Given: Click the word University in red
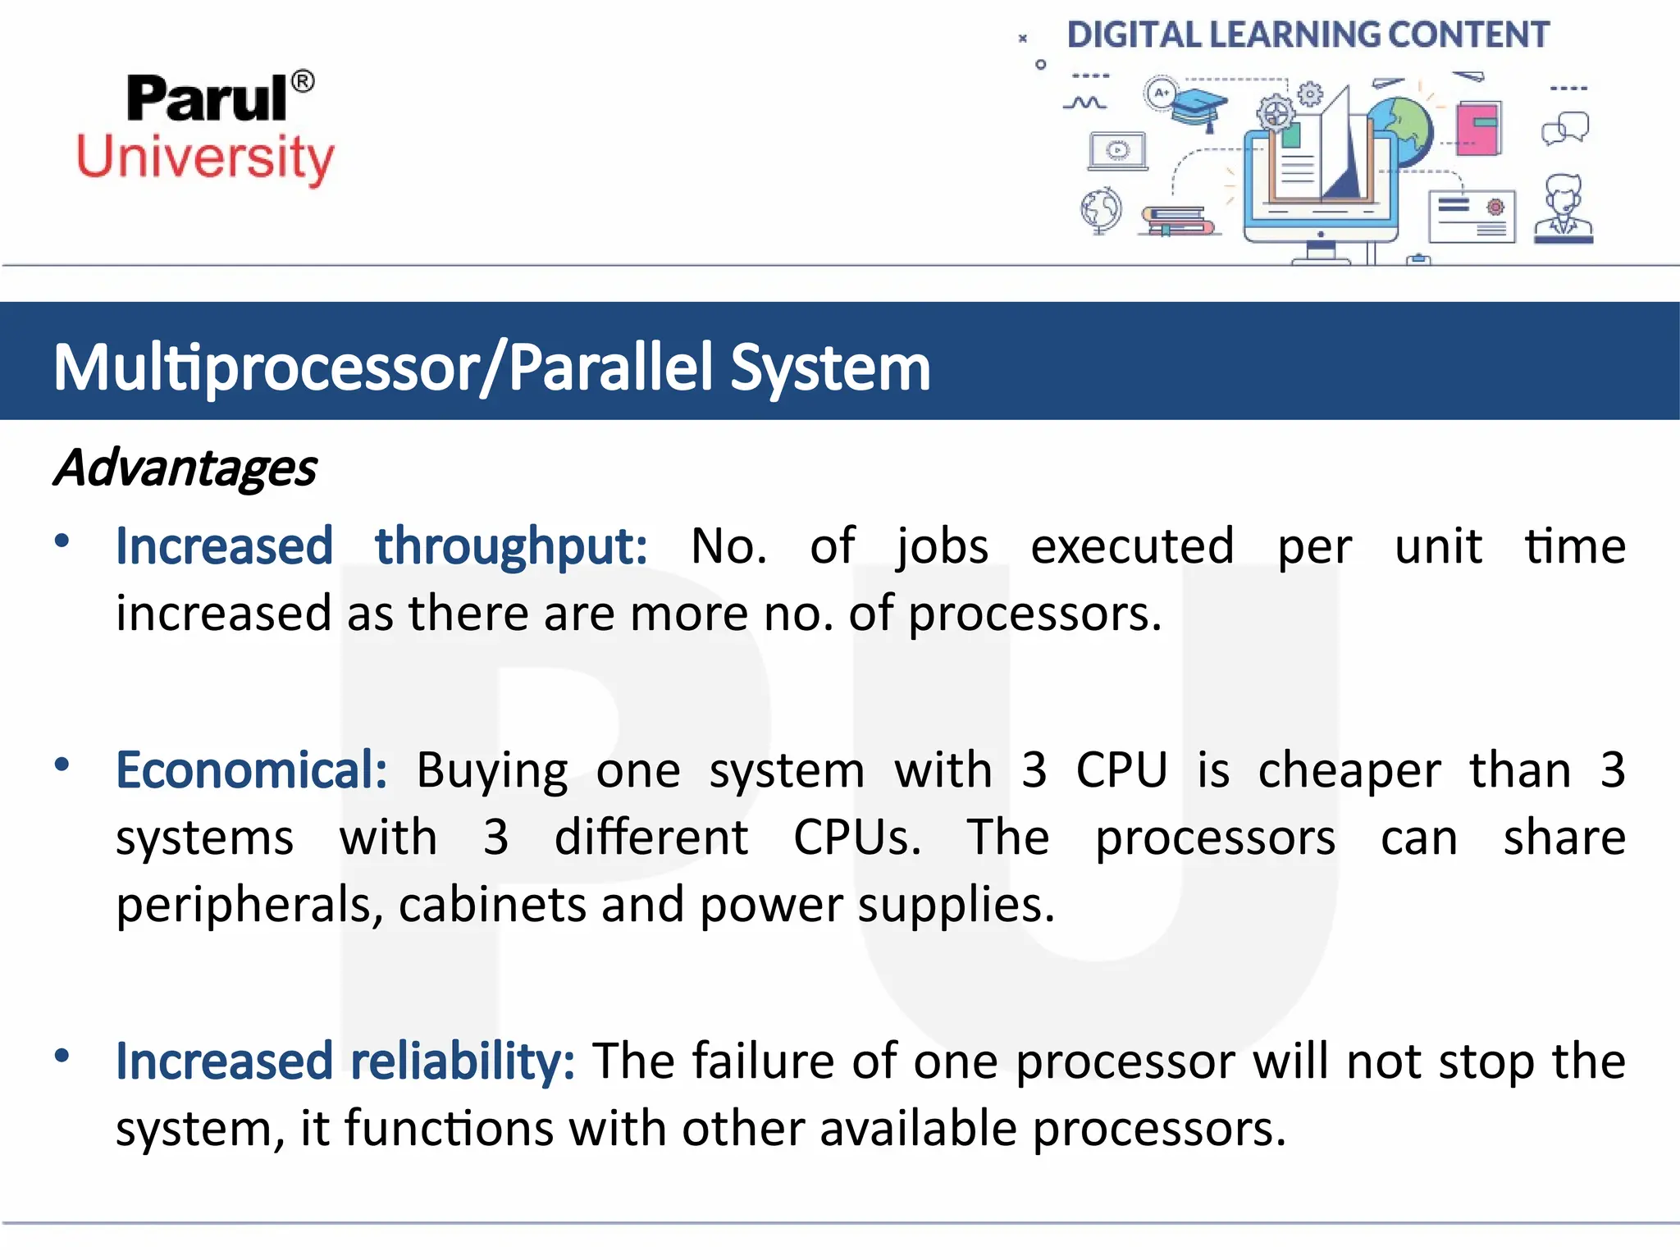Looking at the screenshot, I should [205, 157].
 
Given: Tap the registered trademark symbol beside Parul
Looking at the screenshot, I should [303, 81].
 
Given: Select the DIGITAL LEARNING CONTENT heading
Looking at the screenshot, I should [1308, 35].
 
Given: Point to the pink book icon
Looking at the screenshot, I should [1479, 128].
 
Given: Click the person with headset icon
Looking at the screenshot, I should [1564, 208].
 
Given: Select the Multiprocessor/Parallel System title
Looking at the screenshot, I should [492, 367].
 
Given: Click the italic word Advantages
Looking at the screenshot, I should [185, 468].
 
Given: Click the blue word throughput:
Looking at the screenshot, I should [511, 546].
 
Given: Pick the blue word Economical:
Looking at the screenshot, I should [252, 770].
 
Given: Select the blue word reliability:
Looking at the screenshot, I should [463, 1061].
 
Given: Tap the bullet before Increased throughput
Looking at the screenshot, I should [62, 541].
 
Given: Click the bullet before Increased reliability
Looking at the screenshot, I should [62, 1055].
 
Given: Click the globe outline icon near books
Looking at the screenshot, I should [1101, 210].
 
